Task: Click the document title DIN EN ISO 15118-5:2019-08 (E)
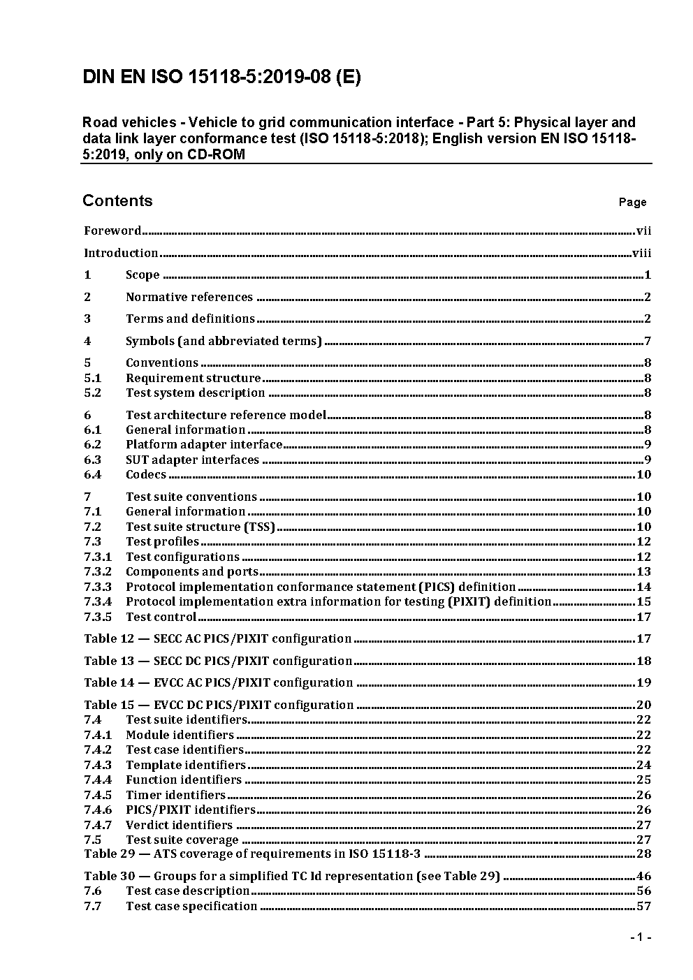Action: (x=221, y=77)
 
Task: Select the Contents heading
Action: (x=117, y=200)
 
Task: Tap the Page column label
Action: (x=632, y=203)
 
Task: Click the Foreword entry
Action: (x=112, y=231)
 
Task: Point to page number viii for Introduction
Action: (x=641, y=253)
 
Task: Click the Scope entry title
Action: (x=143, y=275)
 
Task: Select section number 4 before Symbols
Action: (x=87, y=341)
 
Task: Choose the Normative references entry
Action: (x=189, y=297)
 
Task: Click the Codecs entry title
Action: (x=146, y=474)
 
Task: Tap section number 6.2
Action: (x=92, y=444)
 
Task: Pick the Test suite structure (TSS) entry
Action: (x=200, y=527)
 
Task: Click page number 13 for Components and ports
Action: (x=643, y=571)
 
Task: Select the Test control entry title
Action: (x=161, y=617)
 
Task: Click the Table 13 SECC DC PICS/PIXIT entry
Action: (x=218, y=661)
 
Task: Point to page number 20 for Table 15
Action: (x=643, y=705)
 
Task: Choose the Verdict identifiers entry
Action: (x=179, y=825)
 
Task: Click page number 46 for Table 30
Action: (x=643, y=876)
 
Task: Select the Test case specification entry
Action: (x=191, y=906)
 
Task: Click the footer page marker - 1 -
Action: (x=640, y=937)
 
